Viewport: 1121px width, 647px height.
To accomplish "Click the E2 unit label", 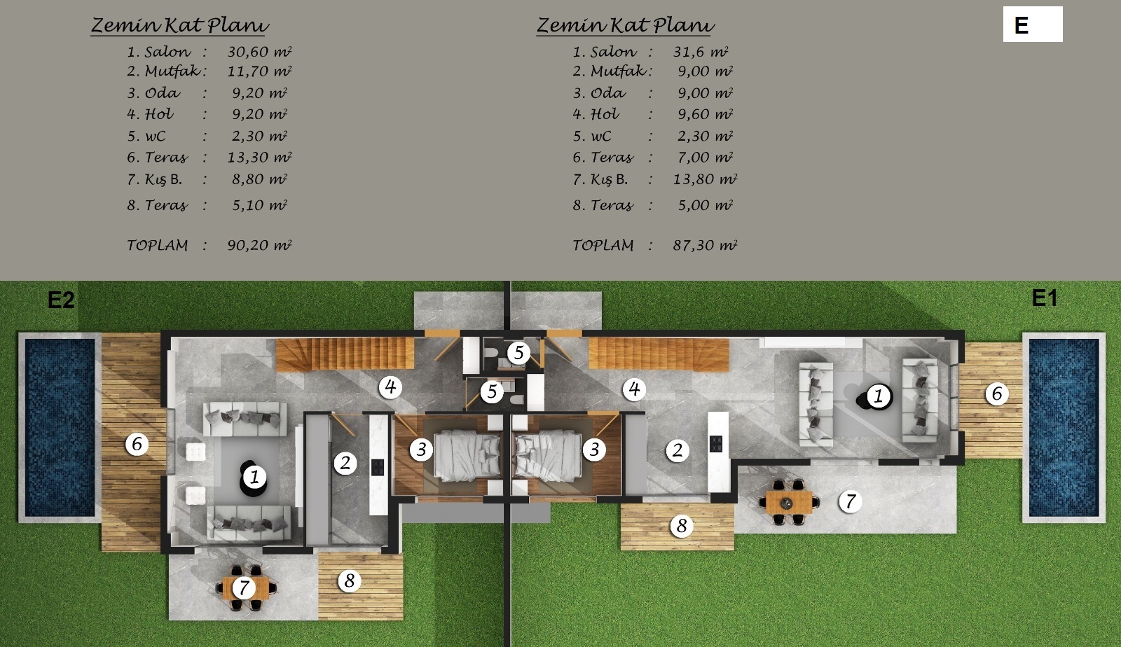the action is pyautogui.click(x=60, y=300).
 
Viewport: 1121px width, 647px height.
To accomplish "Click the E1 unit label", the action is pyautogui.click(x=1045, y=298).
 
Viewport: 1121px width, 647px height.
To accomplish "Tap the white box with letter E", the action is pyautogui.click(x=1033, y=25).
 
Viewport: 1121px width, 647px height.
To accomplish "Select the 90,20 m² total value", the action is pyautogui.click(x=259, y=245).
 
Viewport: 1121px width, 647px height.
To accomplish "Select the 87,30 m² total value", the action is pyautogui.click(x=705, y=245).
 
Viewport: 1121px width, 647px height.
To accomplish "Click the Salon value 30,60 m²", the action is pyautogui.click(x=259, y=52).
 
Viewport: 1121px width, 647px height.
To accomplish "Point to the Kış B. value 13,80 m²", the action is pyautogui.click(x=705, y=179).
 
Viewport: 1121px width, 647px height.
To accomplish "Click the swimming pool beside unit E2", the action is pyautogui.click(x=60, y=428).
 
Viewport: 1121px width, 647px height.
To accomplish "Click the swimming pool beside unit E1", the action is pyautogui.click(x=1064, y=428).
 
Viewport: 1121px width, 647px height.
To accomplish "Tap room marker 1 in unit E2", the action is pyautogui.click(x=254, y=477).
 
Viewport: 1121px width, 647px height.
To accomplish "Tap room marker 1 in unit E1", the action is pyautogui.click(x=879, y=396).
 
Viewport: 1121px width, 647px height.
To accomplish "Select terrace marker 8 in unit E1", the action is pyautogui.click(x=682, y=525).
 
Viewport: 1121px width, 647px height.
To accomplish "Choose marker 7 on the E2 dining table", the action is pyautogui.click(x=244, y=587).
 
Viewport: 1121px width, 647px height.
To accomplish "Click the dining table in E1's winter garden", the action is pyautogui.click(x=789, y=502).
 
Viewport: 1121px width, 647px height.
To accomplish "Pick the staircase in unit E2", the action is pyautogui.click(x=345, y=354).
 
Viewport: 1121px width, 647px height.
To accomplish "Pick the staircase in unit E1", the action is pyautogui.click(x=659, y=354).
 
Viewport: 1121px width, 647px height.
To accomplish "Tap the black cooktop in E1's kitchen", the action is pyautogui.click(x=716, y=443).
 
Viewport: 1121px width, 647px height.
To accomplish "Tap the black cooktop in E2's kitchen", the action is pyautogui.click(x=378, y=467).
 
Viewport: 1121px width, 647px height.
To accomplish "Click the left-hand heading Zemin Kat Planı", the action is pyautogui.click(x=179, y=25).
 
